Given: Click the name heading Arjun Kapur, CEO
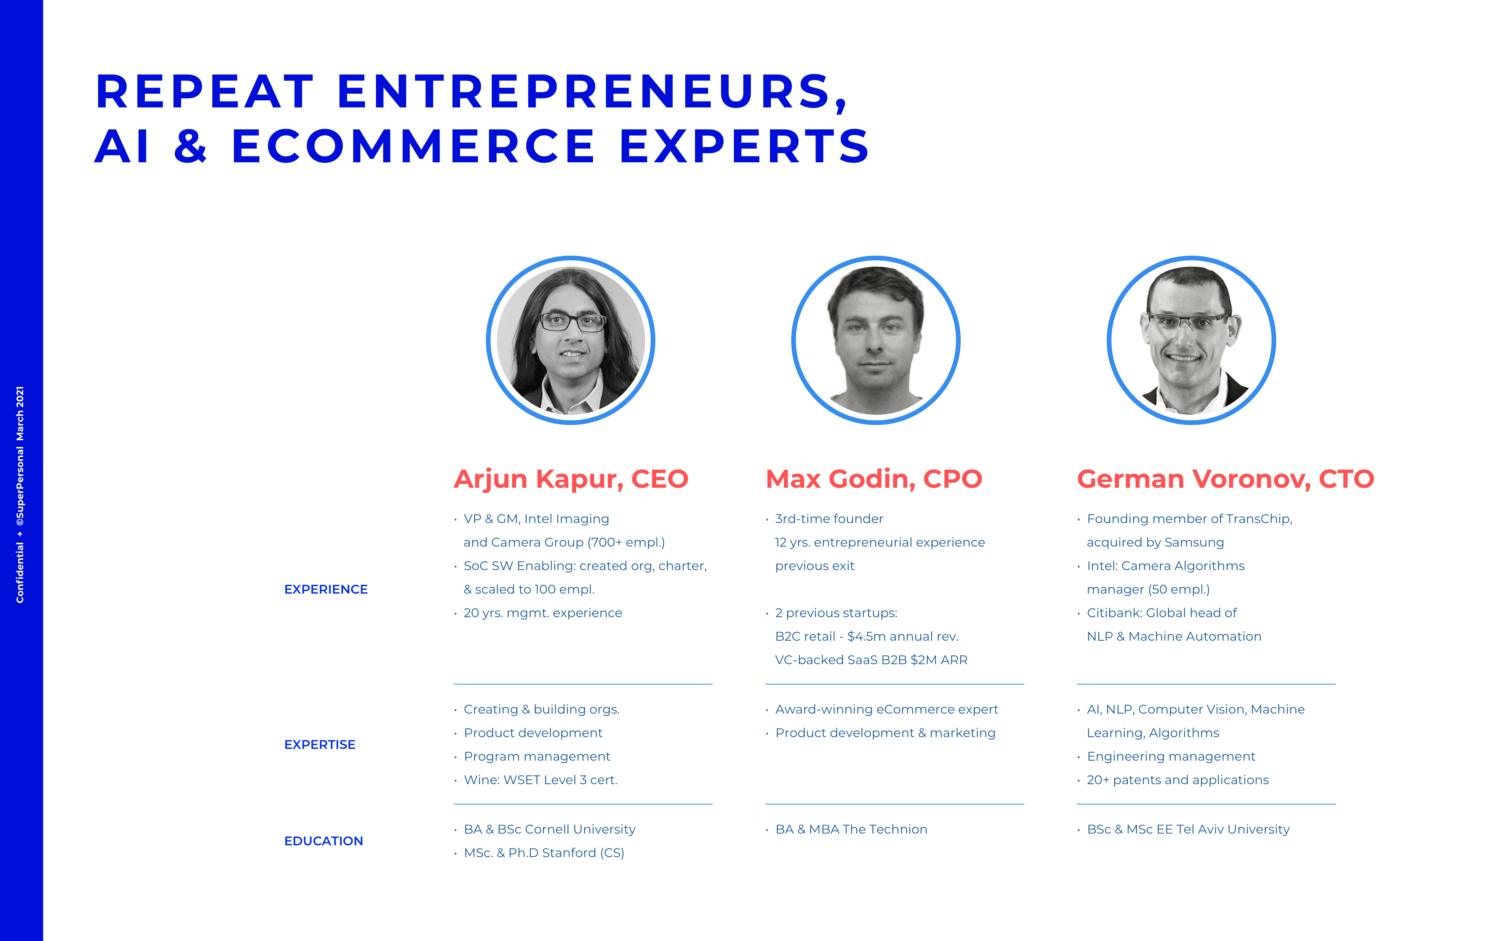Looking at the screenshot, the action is tap(571, 479).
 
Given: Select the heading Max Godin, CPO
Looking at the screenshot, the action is tap(874, 479).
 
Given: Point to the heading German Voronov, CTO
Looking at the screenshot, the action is tap(1226, 479).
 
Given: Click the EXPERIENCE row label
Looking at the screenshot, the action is tap(326, 589).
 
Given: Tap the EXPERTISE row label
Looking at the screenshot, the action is tap(319, 745).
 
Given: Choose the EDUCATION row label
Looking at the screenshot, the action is tap(323, 841).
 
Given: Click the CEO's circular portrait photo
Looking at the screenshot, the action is tap(570, 340).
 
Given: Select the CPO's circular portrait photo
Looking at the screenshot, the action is tap(876, 340).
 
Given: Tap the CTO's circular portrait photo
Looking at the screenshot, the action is tap(1191, 340).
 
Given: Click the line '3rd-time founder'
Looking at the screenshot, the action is tap(829, 519).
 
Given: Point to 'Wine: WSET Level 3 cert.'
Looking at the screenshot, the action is tap(540, 780).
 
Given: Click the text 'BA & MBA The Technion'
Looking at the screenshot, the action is tap(851, 830).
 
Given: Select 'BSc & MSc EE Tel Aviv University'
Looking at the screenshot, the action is tap(1188, 830).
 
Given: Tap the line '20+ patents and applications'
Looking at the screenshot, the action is tap(1178, 780).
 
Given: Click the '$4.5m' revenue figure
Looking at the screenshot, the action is tap(866, 637).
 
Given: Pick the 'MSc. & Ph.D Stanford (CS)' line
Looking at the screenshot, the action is tap(544, 853).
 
